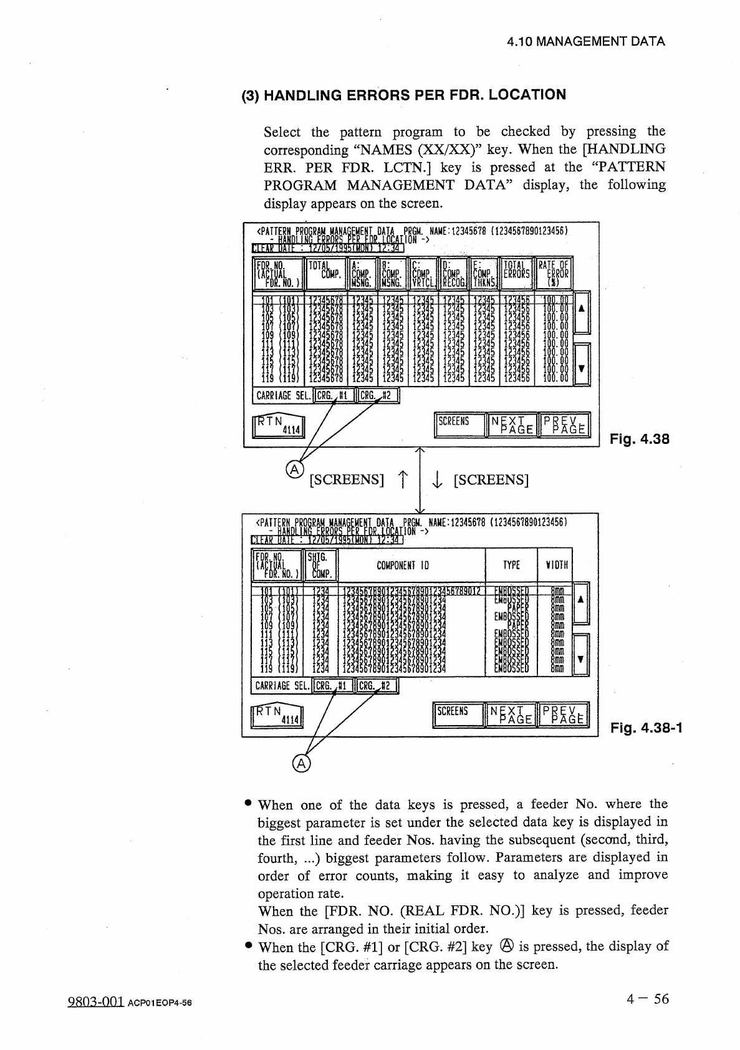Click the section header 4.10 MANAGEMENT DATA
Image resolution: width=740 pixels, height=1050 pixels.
[585, 42]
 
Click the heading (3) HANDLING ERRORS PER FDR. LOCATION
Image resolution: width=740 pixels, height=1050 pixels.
[403, 95]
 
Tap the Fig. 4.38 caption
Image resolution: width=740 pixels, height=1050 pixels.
[639, 439]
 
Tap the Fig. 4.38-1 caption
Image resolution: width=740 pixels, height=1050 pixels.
[646, 727]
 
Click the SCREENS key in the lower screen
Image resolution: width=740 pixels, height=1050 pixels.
[457, 715]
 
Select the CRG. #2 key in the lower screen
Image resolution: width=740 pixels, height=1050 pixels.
[376, 686]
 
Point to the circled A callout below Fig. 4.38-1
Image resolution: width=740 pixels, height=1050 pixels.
[301, 764]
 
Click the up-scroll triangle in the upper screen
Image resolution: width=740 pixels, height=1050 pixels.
[581, 309]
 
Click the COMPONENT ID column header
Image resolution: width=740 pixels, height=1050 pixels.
[403, 566]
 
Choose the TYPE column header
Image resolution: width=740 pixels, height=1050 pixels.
[511, 566]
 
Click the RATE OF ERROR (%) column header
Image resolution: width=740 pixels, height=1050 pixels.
[554, 273]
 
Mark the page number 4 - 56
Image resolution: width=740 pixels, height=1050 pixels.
[648, 999]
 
